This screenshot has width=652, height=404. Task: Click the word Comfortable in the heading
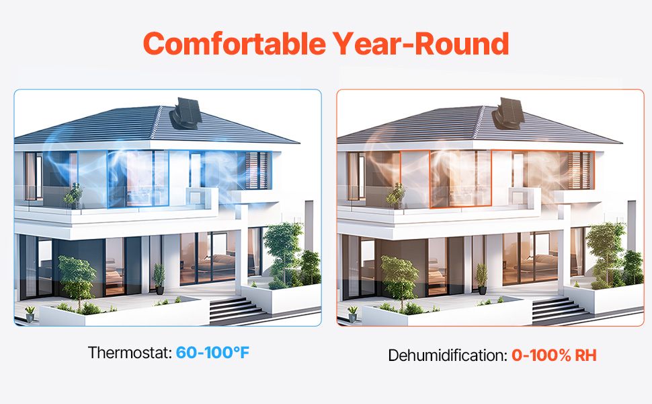pos(235,44)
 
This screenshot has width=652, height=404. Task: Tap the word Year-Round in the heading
pos(421,44)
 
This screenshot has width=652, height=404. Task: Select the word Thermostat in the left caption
pos(130,353)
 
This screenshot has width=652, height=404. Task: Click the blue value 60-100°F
pos(212,353)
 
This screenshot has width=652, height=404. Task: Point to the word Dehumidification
pos(448,356)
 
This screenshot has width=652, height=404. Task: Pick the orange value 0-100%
pos(541,356)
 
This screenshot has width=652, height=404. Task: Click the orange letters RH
pos(586,356)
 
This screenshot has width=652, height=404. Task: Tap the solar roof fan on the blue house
pos(186,113)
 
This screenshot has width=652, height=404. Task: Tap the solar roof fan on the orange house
pos(508,113)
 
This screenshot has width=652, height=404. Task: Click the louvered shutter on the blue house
pos(257,170)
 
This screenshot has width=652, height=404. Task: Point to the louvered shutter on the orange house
pos(579,170)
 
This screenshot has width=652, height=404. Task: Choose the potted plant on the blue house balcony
pos(73,196)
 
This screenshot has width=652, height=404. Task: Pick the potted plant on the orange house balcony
pos(396,196)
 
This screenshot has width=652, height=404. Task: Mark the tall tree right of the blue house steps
pos(284,254)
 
